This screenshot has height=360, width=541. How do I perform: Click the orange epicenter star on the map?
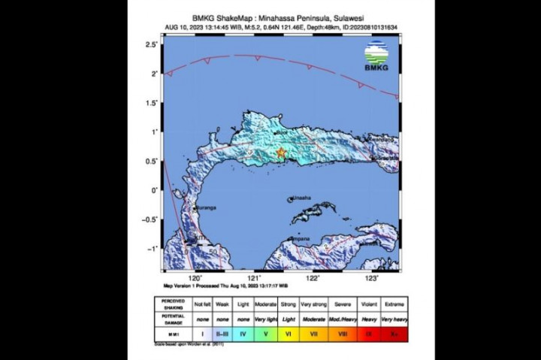[x=281, y=153]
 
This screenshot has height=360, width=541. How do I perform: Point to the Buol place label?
[x=283, y=134]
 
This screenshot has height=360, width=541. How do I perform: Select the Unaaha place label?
[x=301, y=198]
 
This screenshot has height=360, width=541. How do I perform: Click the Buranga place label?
[x=205, y=207]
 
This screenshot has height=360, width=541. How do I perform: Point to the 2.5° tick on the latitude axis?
[x=152, y=46]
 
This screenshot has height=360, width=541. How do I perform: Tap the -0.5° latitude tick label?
[x=151, y=219]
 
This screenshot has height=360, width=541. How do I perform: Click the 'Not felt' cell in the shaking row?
[x=203, y=304]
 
